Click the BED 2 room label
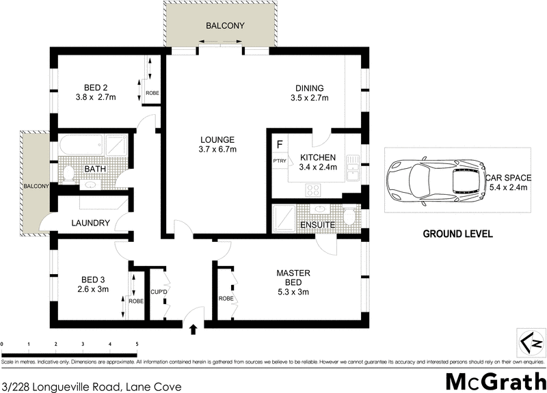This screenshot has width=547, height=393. (95, 87)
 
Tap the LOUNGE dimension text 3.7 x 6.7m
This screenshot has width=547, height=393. (217, 149)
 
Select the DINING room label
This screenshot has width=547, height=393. (309, 87)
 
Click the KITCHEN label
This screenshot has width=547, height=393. (319, 157)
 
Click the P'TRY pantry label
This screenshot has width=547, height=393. (279, 161)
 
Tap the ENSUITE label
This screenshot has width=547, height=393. (317, 224)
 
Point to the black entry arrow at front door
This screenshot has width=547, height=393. (193, 329)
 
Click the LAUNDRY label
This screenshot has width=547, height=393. (90, 223)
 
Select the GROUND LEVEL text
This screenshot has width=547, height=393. (457, 234)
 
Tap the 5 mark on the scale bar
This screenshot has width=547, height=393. (137, 344)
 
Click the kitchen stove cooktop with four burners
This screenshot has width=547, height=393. (314, 189)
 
